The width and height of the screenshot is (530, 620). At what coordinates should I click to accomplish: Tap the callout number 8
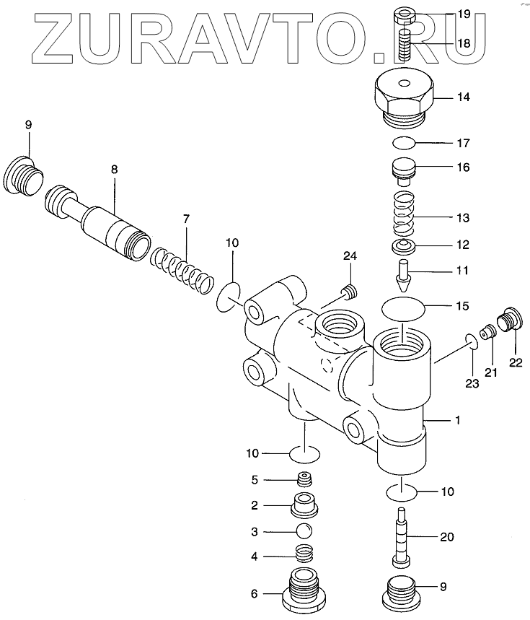pos(114,169)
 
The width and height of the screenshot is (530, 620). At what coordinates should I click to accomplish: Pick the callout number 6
pos(254,594)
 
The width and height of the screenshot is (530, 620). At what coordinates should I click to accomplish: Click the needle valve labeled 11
pos(404,275)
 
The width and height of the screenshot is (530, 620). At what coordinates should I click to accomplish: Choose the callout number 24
pos(350,256)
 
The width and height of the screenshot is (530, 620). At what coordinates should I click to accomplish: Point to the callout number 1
pos(455,419)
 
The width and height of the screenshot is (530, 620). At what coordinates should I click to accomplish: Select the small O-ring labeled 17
pos(405,142)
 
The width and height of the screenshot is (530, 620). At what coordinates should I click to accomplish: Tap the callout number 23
pos(471,383)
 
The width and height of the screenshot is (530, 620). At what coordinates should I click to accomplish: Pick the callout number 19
pos(461,14)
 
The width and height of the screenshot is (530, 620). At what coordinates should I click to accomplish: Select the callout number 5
pos(254,480)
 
